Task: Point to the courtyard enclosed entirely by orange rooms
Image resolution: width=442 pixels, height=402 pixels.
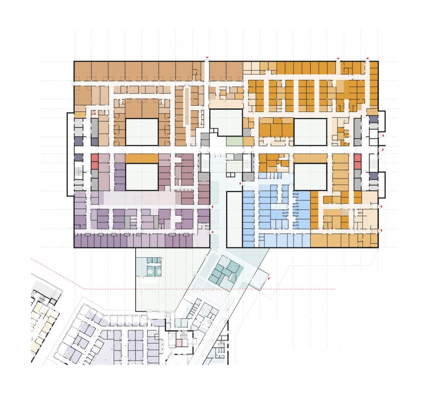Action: pyautogui.click(x=309, y=132)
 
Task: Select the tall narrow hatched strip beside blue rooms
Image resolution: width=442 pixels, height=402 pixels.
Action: pyautogui.click(x=234, y=219)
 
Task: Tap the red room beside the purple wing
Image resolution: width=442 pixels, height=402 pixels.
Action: pyautogui.click(x=95, y=162)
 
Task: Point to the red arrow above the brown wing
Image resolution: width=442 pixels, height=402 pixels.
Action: pyautogui.click(x=207, y=58)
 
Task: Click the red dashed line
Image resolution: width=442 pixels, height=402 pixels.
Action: pyautogui.click(x=207, y=288)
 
